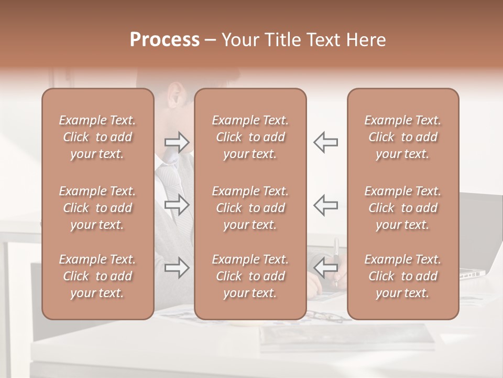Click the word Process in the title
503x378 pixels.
165,40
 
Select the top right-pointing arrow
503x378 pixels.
177,142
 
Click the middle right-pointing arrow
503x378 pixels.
177,205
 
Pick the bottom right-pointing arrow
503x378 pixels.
177,268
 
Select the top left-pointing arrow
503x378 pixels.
325,142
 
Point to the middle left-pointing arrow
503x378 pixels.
325,205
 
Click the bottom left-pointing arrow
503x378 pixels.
325,268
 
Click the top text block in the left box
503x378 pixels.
97,137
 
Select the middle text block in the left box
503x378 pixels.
97,208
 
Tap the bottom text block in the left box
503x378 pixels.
97,276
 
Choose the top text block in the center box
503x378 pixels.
250,137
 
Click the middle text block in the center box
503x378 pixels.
250,208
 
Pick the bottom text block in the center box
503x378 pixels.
250,276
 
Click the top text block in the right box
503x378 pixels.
402,137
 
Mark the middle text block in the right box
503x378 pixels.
402,208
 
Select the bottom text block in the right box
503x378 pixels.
402,276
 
